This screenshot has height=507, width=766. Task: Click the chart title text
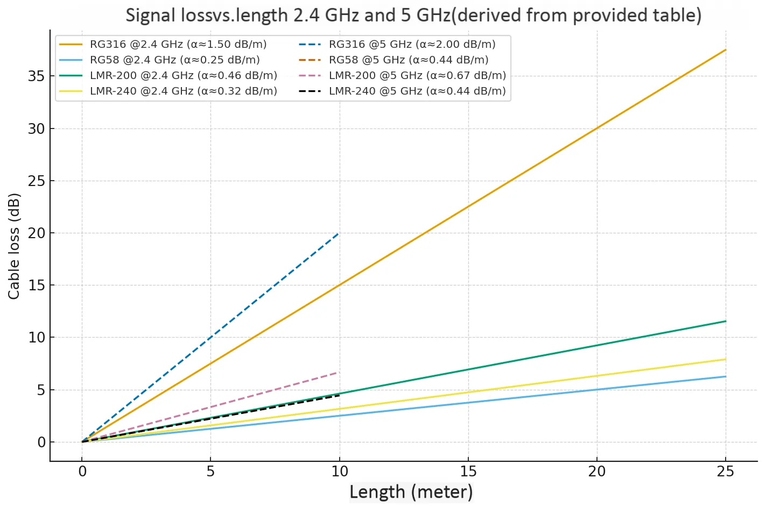pos(413,15)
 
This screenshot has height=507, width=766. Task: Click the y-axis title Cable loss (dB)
pos(14,246)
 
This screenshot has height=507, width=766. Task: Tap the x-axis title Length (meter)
pos(411,492)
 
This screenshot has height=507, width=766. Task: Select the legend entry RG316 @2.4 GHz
pos(178,45)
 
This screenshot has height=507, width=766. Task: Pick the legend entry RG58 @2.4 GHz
pos(174,60)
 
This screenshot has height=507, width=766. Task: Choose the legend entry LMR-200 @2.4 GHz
pos(183,76)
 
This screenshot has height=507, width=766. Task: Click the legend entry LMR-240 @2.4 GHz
pos(183,91)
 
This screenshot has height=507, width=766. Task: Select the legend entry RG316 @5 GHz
pos(412,45)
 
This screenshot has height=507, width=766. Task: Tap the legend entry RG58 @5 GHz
pos(409,60)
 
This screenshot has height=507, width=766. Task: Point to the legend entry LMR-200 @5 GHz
pos(417,76)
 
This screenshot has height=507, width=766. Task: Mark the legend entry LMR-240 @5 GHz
pos(417,91)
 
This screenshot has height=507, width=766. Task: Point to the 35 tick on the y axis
pos(37,76)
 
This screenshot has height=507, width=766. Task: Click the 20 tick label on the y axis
pos(37,233)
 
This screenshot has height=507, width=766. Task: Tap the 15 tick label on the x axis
pos(468,472)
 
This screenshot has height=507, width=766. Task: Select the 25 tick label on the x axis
pos(726,472)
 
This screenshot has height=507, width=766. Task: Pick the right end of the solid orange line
pos(726,50)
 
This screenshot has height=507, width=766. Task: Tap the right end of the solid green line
pos(726,322)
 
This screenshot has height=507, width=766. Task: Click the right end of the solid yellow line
pos(726,359)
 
